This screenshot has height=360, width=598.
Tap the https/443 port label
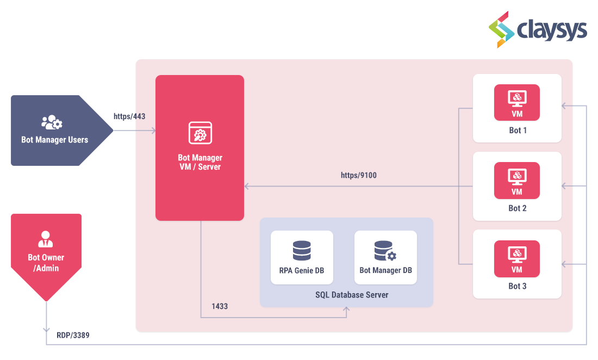[129, 116]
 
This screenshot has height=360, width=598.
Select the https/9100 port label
[358, 175]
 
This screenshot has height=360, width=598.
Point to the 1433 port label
[219, 306]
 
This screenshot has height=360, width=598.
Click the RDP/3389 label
[73, 336]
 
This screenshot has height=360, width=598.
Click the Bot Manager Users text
[54, 140]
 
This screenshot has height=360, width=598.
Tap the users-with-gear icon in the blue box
[52, 122]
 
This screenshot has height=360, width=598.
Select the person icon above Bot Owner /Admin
[46, 239]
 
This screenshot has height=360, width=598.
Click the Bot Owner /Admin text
[46, 263]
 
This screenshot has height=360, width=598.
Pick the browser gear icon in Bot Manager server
[200, 133]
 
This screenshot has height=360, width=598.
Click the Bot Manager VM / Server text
[200, 162]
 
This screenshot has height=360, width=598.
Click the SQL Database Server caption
[352, 295]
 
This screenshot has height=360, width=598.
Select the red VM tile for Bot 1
[516, 102]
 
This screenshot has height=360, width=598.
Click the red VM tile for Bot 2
[516, 180]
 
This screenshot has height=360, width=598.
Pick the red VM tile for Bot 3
[516, 258]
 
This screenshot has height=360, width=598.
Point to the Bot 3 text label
[517, 286]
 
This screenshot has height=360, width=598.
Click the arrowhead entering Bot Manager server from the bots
[247, 187]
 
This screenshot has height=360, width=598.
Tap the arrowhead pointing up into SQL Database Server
[347, 310]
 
